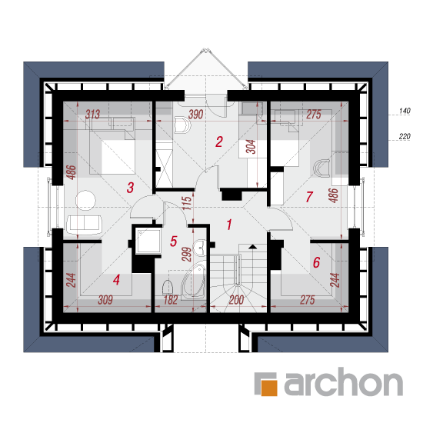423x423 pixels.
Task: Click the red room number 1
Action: (x=229, y=225)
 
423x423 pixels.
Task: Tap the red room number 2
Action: (x=218, y=142)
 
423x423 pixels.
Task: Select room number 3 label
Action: (x=130, y=188)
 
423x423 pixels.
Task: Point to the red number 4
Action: (x=116, y=280)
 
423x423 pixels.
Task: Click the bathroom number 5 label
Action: (x=174, y=241)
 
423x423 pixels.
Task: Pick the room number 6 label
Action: (x=316, y=262)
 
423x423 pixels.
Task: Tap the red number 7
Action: (x=309, y=197)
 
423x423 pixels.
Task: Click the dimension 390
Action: (x=195, y=115)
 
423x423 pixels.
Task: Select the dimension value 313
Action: (x=92, y=115)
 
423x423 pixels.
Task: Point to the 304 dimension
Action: (x=251, y=147)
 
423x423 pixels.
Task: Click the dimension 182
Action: (x=171, y=300)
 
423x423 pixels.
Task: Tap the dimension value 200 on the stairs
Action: (x=236, y=300)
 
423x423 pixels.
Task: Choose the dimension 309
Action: (x=105, y=300)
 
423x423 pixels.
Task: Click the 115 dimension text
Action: (x=187, y=203)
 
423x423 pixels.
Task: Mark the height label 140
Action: (x=405, y=111)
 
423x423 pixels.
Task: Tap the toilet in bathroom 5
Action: (x=168, y=288)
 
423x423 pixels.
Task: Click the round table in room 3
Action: (x=85, y=201)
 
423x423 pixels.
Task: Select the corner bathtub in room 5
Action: (x=193, y=281)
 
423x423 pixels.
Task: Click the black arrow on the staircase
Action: (x=252, y=246)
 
